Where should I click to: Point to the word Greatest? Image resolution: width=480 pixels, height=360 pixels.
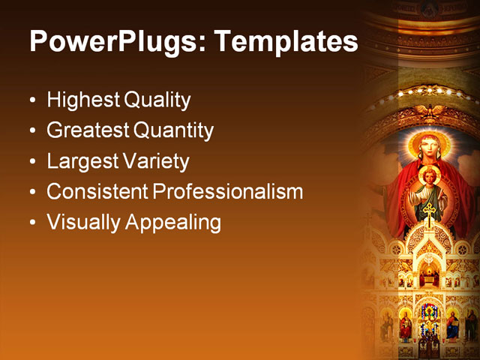pos(88,130)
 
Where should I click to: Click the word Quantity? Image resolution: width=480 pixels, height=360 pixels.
pos(174,130)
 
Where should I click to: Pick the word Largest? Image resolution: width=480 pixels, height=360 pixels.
pos(81,161)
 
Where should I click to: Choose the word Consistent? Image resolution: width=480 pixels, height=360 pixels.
pos(97,191)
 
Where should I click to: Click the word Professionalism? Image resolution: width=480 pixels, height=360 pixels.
pos(228,191)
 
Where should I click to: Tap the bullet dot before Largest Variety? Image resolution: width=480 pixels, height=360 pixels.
pos(32,162)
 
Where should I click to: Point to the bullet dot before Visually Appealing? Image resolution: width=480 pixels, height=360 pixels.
pos(32,223)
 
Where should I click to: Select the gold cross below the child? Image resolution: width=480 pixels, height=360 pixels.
pos(429,212)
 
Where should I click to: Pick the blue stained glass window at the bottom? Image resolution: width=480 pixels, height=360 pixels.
pos(430,315)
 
